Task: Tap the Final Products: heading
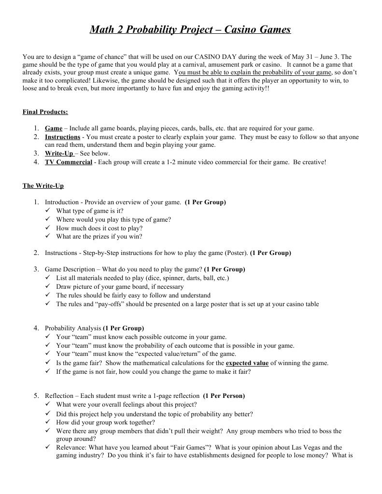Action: (x=45, y=112)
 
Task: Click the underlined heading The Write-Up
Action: (x=43, y=185)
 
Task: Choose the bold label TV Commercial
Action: (x=69, y=162)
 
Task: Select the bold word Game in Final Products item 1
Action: (x=54, y=128)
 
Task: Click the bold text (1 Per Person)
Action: (x=224, y=396)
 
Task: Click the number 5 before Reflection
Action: (x=36, y=396)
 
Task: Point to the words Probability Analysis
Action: (x=73, y=328)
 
